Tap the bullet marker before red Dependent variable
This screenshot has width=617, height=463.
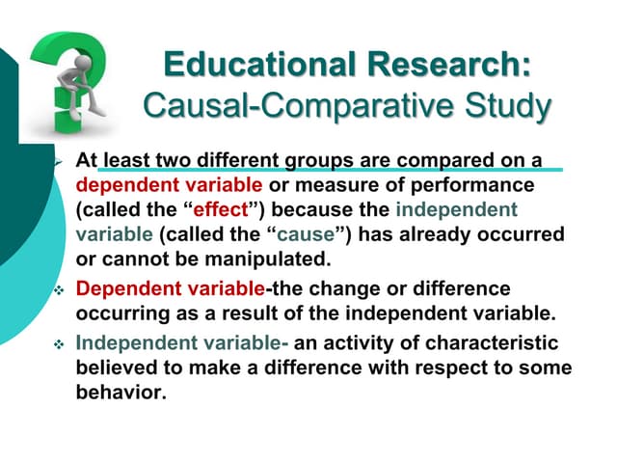[59, 289]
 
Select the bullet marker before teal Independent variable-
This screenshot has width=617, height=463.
[59, 343]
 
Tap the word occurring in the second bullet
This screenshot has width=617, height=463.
[115, 313]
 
